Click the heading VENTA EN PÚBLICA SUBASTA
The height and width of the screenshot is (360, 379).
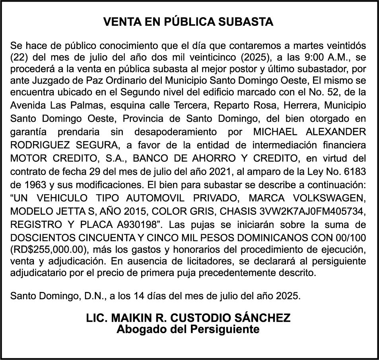coord(189,22)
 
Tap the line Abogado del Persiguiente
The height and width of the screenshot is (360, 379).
coord(188,329)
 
